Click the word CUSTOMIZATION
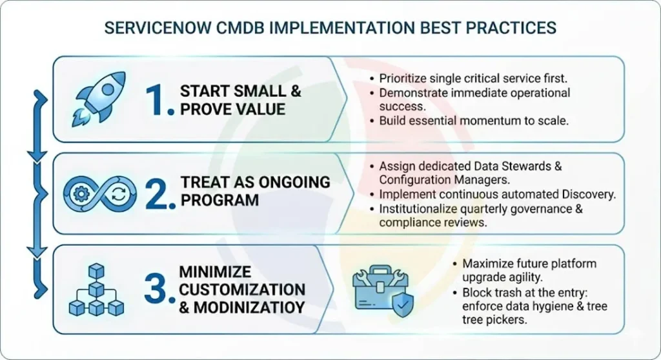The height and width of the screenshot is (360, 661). click(242, 289)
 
